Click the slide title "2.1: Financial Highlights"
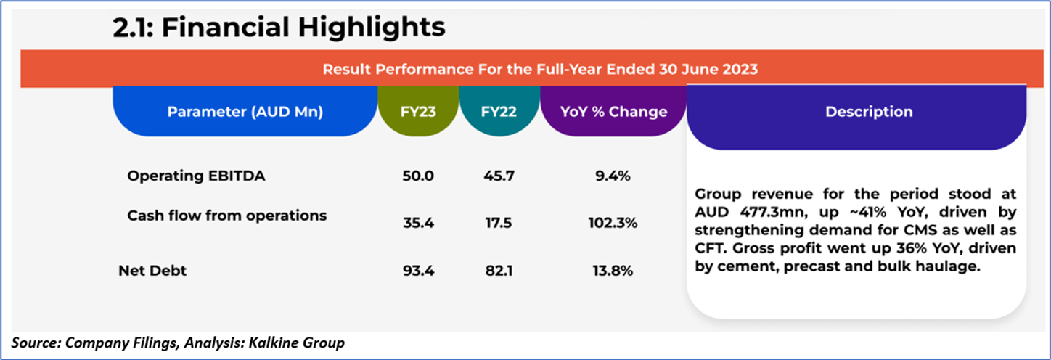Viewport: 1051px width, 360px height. coord(279,28)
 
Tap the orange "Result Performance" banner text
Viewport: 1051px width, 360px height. coord(540,70)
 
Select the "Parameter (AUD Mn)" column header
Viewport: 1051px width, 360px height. coord(245,112)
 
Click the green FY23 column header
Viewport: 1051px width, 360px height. coord(418,112)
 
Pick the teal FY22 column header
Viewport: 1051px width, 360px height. coord(499,112)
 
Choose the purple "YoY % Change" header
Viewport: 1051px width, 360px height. coord(613,112)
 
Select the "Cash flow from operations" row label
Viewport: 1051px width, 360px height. coord(226,216)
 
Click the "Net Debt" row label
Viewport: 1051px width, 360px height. coord(152,271)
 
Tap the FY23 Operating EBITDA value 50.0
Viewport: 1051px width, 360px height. coord(418,176)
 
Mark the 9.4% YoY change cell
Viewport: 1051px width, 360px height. coord(613,176)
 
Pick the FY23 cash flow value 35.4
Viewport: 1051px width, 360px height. coord(418,224)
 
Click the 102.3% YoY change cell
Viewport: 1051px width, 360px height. coord(613,224)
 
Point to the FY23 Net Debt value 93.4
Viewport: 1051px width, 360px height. coord(418,271)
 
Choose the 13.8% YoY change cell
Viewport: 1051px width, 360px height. coord(613,271)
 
